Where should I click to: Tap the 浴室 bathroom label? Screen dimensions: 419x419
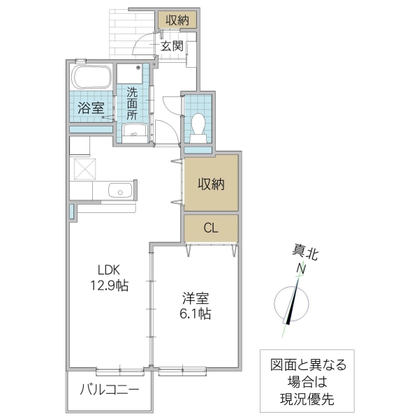[x=90, y=108]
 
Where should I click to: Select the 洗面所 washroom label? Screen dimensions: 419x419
[x=132, y=103]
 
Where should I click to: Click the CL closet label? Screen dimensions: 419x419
[x=211, y=227]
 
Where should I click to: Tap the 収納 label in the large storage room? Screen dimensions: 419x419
[x=212, y=184]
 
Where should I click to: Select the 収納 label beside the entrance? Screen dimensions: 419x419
[x=177, y=20]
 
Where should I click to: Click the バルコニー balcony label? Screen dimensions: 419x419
[x=109, y=390]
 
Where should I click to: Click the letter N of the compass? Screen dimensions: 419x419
[x=302, y=269]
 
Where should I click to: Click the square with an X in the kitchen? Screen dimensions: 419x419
[x=85, y=169]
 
